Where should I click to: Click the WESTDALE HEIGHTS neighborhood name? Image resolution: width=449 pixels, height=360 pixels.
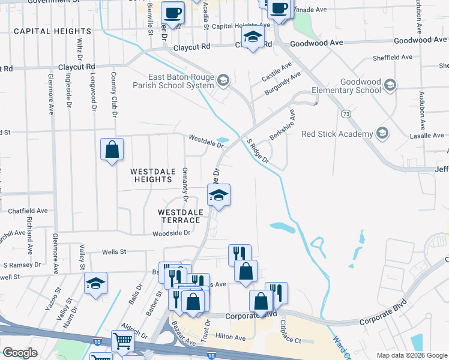click(x=152, y=175)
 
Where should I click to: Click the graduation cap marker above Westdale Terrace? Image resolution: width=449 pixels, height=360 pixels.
click(x=218, y=195)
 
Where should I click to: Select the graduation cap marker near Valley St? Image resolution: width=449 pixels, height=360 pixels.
click(x=95, y=283)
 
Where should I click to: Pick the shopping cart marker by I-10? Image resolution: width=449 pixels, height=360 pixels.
click(x=122, y=341)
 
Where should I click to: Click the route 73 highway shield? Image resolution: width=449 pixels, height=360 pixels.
click(x=346, y=113)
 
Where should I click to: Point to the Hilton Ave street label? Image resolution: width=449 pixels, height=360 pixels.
click(x=231, y=338)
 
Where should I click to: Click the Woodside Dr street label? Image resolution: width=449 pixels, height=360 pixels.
click(x=171, y=233)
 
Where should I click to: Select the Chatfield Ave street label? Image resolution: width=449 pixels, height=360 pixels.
click(x=28, y=211)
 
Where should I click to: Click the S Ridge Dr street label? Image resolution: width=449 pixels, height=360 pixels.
click(x=259, y=152)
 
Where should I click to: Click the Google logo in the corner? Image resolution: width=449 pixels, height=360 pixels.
click(x=20, y=353)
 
